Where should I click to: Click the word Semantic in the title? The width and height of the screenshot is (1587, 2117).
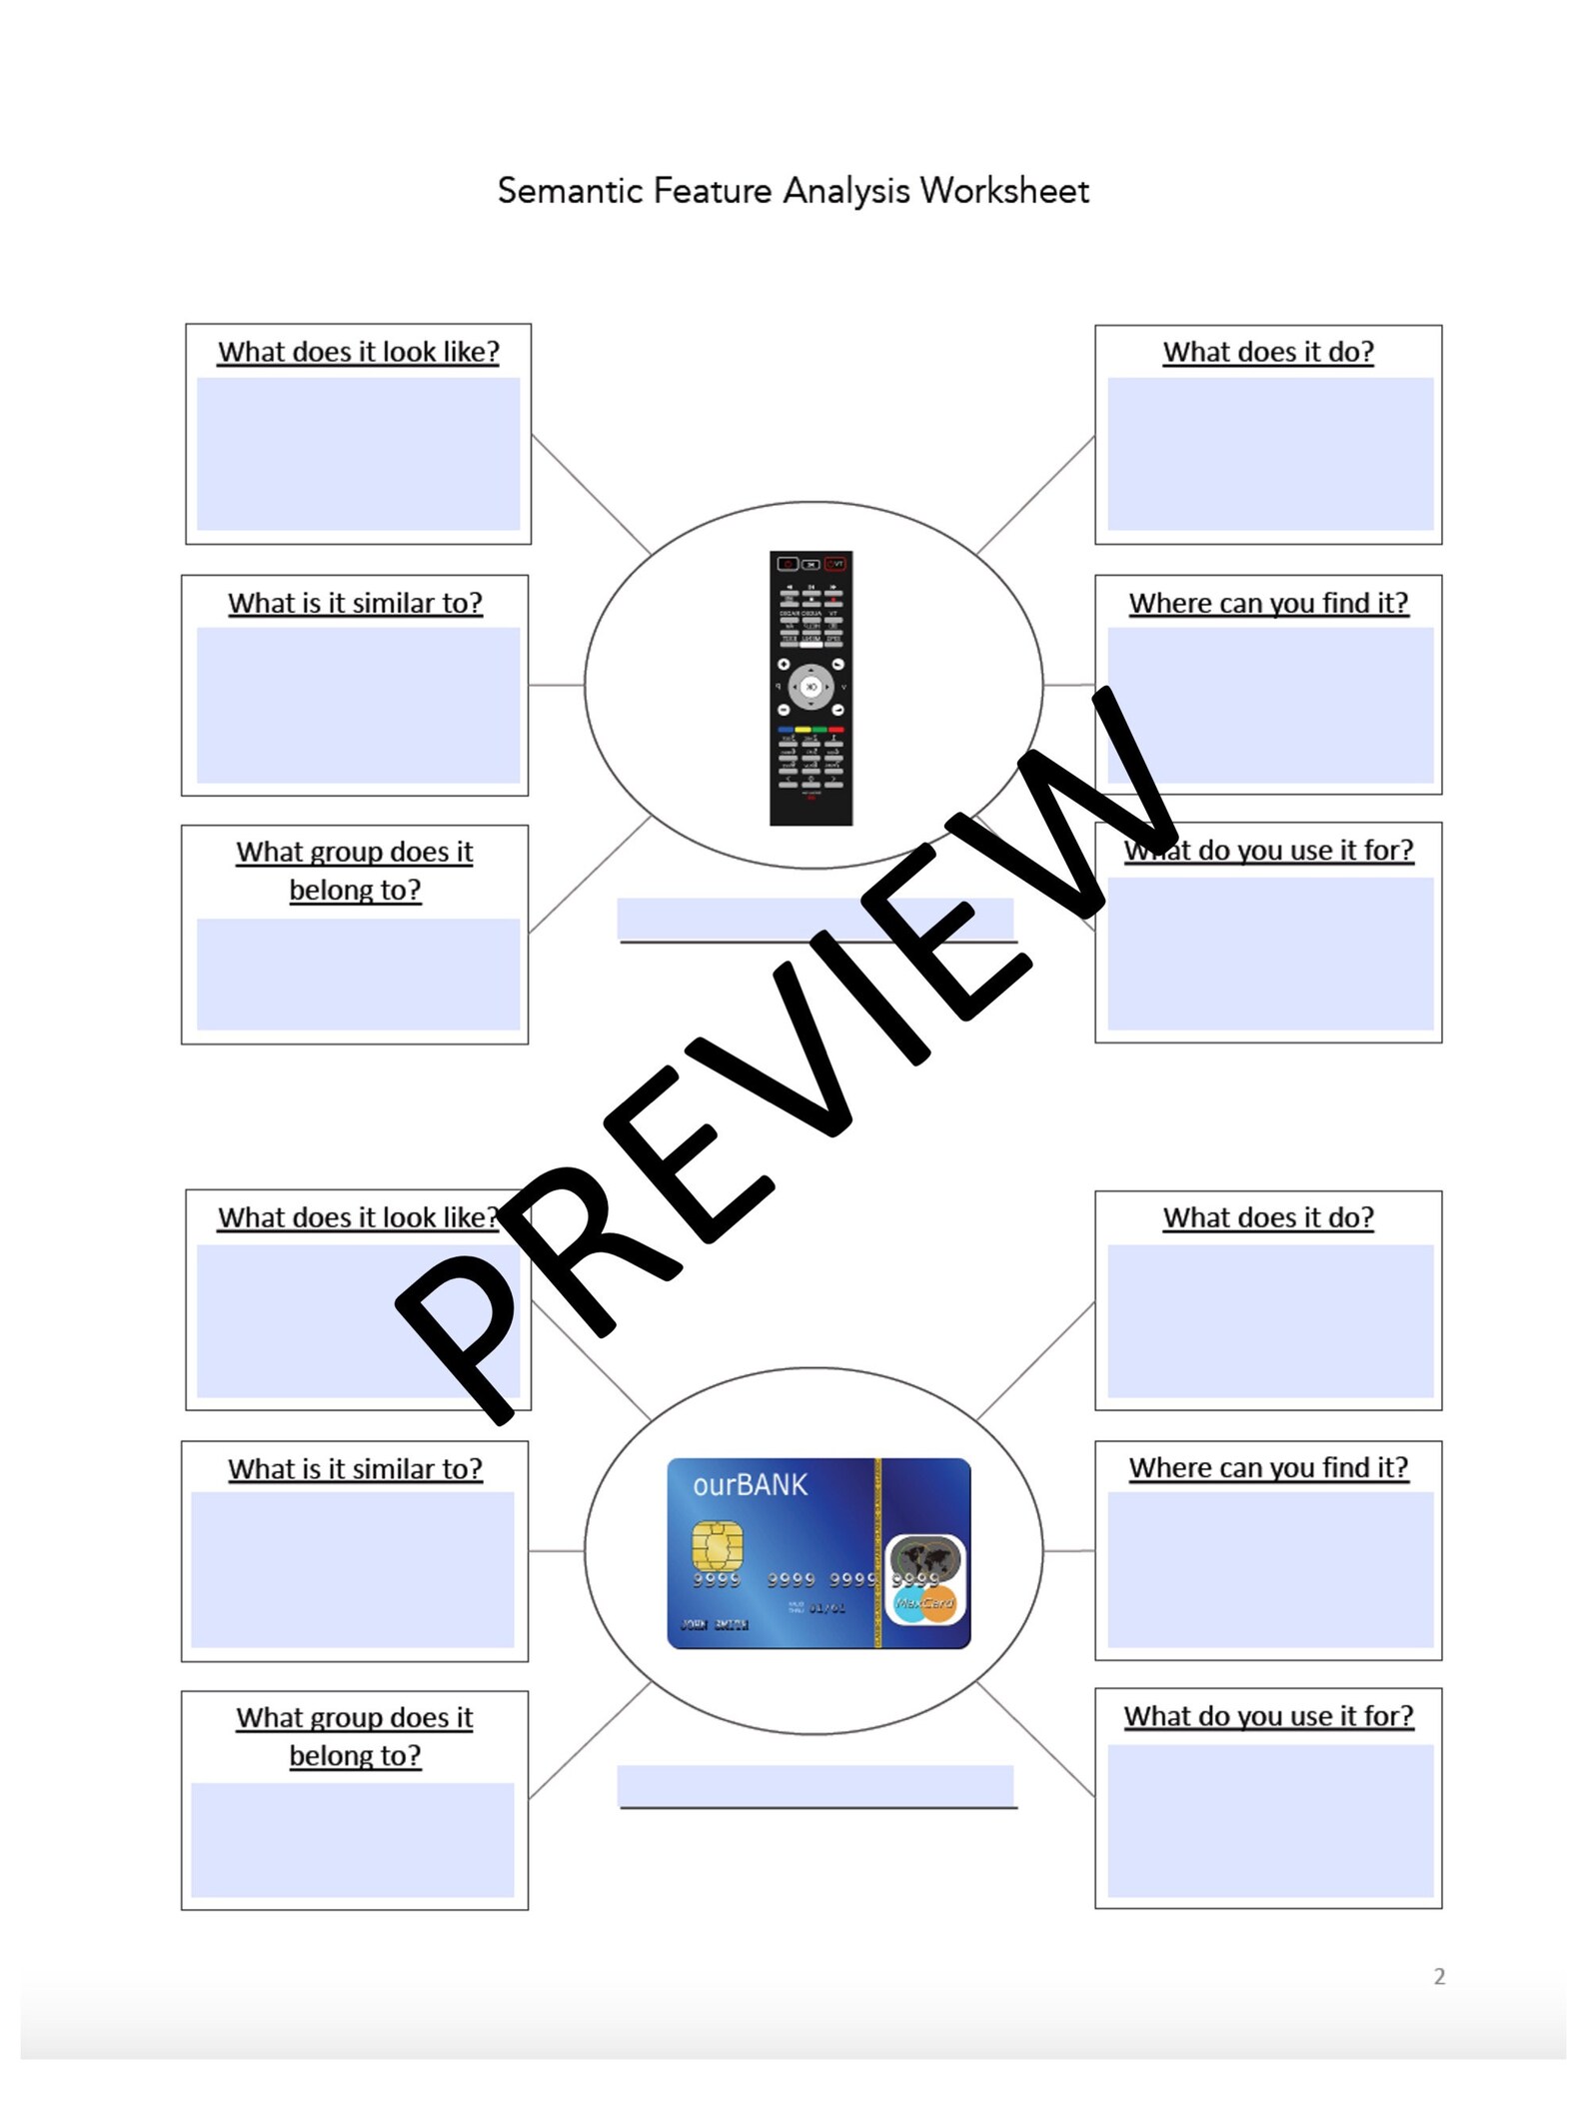[570, 190]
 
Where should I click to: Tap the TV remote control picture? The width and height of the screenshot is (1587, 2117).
[810, 688]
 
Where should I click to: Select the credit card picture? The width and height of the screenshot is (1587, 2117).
[818, 1553]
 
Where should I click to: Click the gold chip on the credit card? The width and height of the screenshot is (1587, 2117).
[717, 1545]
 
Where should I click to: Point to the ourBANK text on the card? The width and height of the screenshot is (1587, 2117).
[750, 1485]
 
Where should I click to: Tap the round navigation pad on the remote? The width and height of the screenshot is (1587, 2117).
[810, 687]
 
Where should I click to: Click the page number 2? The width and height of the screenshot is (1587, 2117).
[1439, 1976]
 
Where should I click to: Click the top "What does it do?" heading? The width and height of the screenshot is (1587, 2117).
[1268, 352]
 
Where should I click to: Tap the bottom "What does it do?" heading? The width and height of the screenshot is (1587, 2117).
[1268, 1217]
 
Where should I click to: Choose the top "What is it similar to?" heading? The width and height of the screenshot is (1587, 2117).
[355, 603]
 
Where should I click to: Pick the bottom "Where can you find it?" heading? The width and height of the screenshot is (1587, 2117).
[1268, 1467]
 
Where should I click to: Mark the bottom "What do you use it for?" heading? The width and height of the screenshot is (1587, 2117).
[1268, 1715]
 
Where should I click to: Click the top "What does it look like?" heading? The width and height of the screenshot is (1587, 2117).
[358, 352]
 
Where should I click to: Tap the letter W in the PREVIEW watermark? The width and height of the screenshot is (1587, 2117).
[1099, 800]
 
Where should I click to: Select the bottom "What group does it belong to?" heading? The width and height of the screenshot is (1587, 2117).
[355, 1736]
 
